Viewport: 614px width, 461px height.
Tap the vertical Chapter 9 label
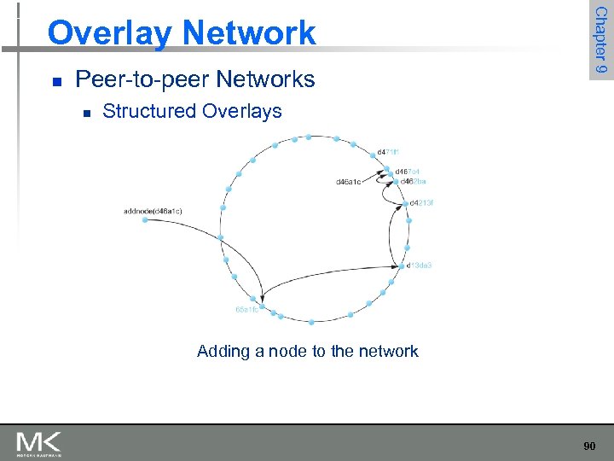pos(601,40)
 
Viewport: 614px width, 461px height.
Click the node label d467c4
pos(406,172)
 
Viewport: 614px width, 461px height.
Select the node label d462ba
pos(412,181)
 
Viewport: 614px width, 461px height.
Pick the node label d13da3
pos(420,266)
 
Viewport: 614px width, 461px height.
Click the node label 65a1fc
pos(246,310)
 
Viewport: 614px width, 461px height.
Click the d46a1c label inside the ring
pos(350,182)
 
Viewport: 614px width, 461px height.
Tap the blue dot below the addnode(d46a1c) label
pos(145,220)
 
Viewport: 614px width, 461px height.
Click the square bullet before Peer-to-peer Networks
pos(56,82)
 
